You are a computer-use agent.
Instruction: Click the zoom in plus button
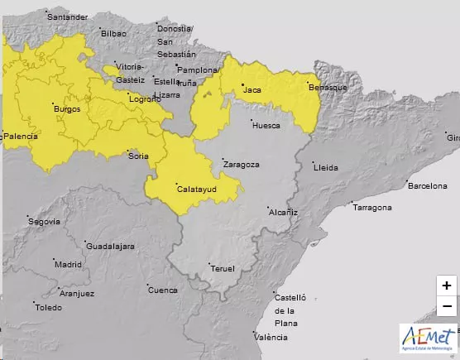pos(446,286)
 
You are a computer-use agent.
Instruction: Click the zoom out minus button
pos(446,306)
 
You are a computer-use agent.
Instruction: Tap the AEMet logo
pos(428,338)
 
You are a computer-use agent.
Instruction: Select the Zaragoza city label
pos(241,164)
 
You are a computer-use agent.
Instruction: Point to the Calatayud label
pos(197,190)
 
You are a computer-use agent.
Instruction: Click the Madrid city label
pos(68,264)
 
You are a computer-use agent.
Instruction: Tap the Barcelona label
pos(427,185)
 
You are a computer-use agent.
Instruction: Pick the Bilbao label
pos(115,33)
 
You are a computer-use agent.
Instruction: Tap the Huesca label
pos(266,126)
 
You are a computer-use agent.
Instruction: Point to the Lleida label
pos(326,167)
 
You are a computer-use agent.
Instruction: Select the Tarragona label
pos(371,207)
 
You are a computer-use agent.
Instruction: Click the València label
pos(271,337)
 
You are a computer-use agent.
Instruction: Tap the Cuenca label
pos(162,290)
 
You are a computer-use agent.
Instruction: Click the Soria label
pos(138,156)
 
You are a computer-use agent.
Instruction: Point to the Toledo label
pos(48,307)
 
